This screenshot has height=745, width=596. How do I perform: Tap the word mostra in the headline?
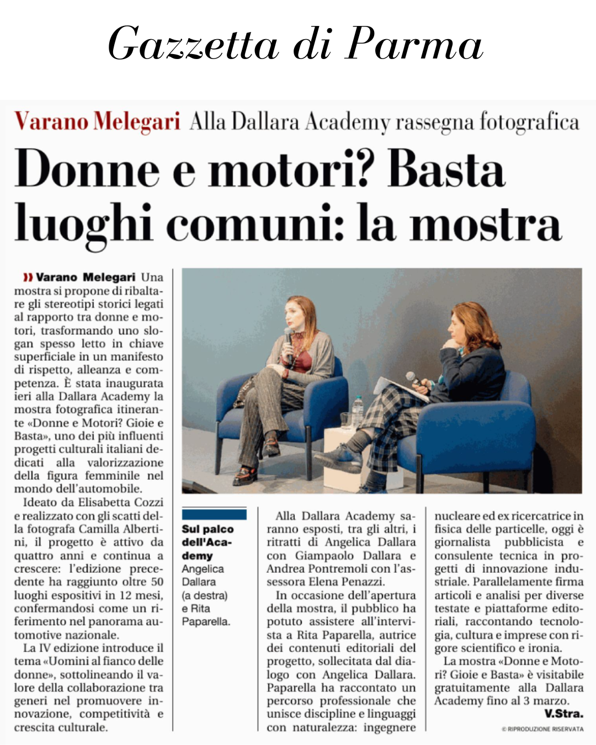486,223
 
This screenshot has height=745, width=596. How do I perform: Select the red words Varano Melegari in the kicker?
97,121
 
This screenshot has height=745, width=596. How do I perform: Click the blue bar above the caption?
214,514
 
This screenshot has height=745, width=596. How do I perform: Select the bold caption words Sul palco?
207,529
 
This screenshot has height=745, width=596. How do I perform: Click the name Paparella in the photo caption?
205,621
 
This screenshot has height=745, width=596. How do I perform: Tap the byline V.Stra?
563,714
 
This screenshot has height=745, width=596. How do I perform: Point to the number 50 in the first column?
157,582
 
